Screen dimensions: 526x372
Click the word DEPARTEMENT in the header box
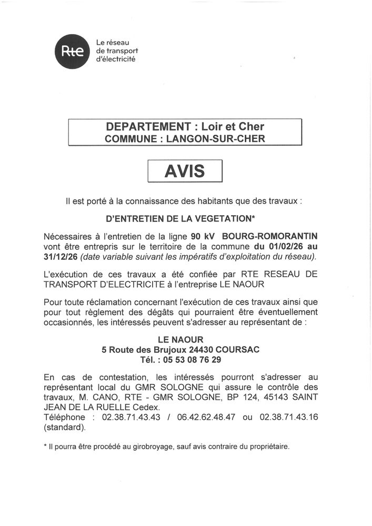tap(147, 127)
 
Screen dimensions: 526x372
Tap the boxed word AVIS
tap(185, 171)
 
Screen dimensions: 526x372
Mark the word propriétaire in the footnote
tap(267, 447)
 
